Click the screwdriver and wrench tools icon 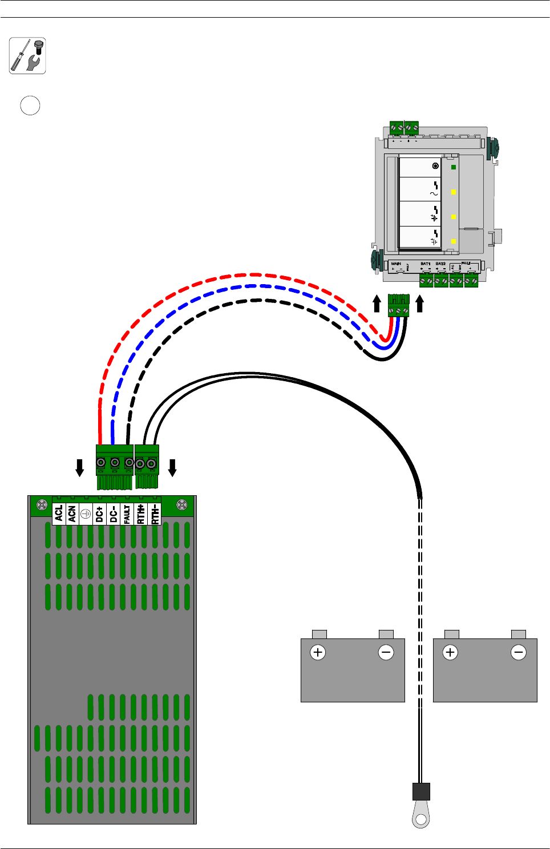coord(27,56)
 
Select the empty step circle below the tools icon coord(30,106)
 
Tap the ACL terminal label coord(59,514)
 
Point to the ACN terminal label coord(72,514)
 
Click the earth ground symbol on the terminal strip coord(86,514)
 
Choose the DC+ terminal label coord(99,514)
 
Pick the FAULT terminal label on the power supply coord(127,514)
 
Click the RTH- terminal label coord(155,514)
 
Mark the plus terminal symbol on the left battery coord(318,652)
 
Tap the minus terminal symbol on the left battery coord(386,652)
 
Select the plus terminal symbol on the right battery coord(450,652)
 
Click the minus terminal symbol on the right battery coord(519,652)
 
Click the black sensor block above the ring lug coord(421,791)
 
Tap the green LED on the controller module coord(454,167)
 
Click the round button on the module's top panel coord(436,166)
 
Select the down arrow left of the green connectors coord(80,468)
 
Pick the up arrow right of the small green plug coord(420,304)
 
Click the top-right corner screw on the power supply coord(182,504)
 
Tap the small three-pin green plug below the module coord(398,305)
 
